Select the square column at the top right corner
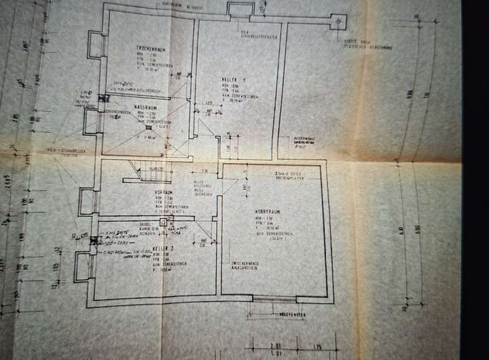[337, 21]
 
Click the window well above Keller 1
[238, 10]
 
